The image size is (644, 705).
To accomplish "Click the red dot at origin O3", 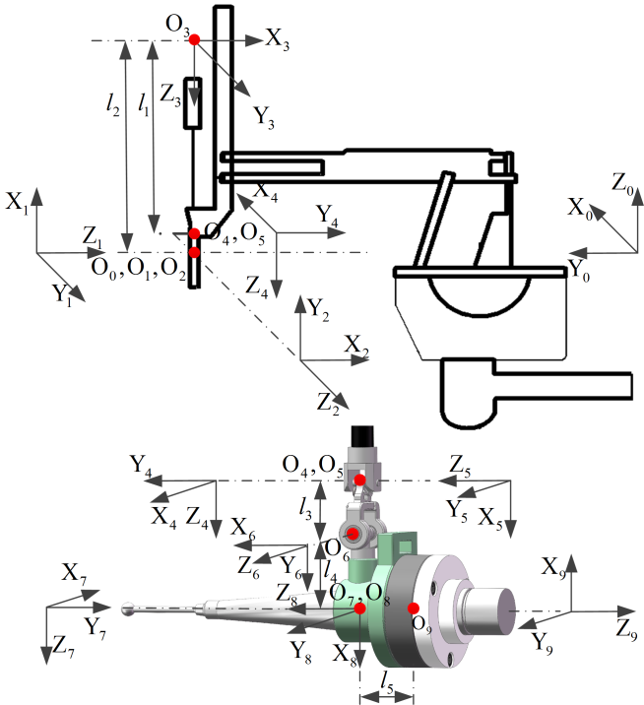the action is pyautogui.click(x=194, y=39).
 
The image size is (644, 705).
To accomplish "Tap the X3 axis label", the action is pyautogui.click(x=277, y=40).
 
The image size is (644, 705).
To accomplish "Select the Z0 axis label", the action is pyautogui.click(x=622, y=183).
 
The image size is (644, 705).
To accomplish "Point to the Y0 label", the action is pyautogui.click(x=579, y=271).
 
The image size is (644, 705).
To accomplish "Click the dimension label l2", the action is pyautogui.click(x=113, y=104).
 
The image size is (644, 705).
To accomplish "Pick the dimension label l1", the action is pyautogui.click(x=144, y=104).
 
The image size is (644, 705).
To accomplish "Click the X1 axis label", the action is pyautogui.click(x=17, y=202).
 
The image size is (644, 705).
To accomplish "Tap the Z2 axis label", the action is pyautogui.click(x=328, y=403).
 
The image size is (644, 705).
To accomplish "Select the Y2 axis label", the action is pyautogui.click(x=318, y=310).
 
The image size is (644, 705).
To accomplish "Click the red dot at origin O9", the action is pyautogui.click(x=414, y=609).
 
